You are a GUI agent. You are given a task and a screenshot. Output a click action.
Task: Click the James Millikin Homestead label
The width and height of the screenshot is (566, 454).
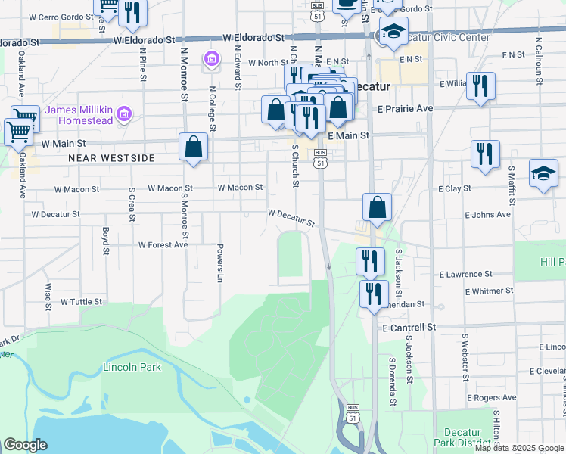tap(79, 115)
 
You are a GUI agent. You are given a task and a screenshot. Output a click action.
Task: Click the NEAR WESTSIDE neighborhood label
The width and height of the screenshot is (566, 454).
tap(111, 158)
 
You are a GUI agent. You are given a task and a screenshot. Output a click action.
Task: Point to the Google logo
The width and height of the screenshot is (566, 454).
tap(25, 445)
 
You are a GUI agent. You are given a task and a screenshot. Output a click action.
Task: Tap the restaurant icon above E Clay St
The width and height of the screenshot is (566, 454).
tap(484, 154)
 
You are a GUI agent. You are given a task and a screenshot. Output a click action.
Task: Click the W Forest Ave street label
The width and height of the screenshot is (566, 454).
tap(163, 244)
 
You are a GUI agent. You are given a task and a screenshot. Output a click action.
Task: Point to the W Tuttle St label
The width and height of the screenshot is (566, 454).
tap(81, 301)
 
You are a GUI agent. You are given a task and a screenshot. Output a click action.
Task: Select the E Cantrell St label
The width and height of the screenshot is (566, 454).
tap(409, 328)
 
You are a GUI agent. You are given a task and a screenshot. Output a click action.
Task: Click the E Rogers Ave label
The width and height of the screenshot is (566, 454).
tap(491, 397)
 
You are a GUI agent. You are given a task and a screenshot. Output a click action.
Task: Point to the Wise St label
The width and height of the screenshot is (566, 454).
tap(48, 297)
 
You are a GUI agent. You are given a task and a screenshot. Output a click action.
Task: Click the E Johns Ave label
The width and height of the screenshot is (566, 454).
tap(490, 215)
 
